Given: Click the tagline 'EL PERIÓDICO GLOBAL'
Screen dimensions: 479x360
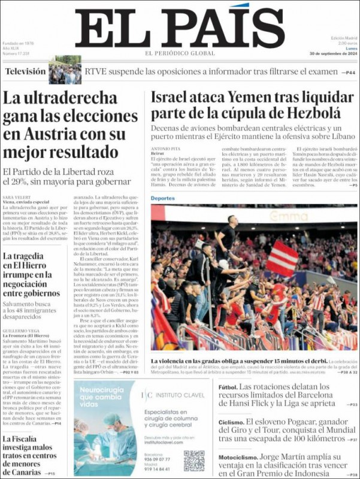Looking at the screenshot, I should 180,53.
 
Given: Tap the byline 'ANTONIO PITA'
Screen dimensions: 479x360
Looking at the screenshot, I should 165,148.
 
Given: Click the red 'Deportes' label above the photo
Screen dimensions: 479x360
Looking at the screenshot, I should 163,198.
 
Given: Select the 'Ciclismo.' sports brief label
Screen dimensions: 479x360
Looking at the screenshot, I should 231,423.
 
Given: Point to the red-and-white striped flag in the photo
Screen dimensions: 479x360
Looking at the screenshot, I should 282,259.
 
